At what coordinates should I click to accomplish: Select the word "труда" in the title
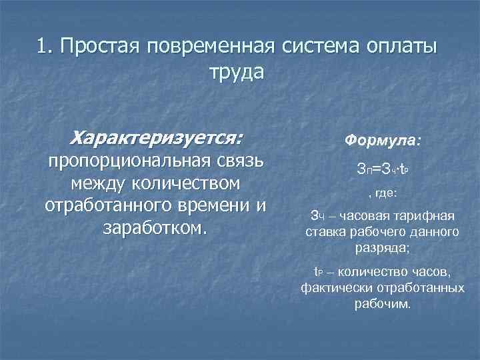[237, 71]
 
